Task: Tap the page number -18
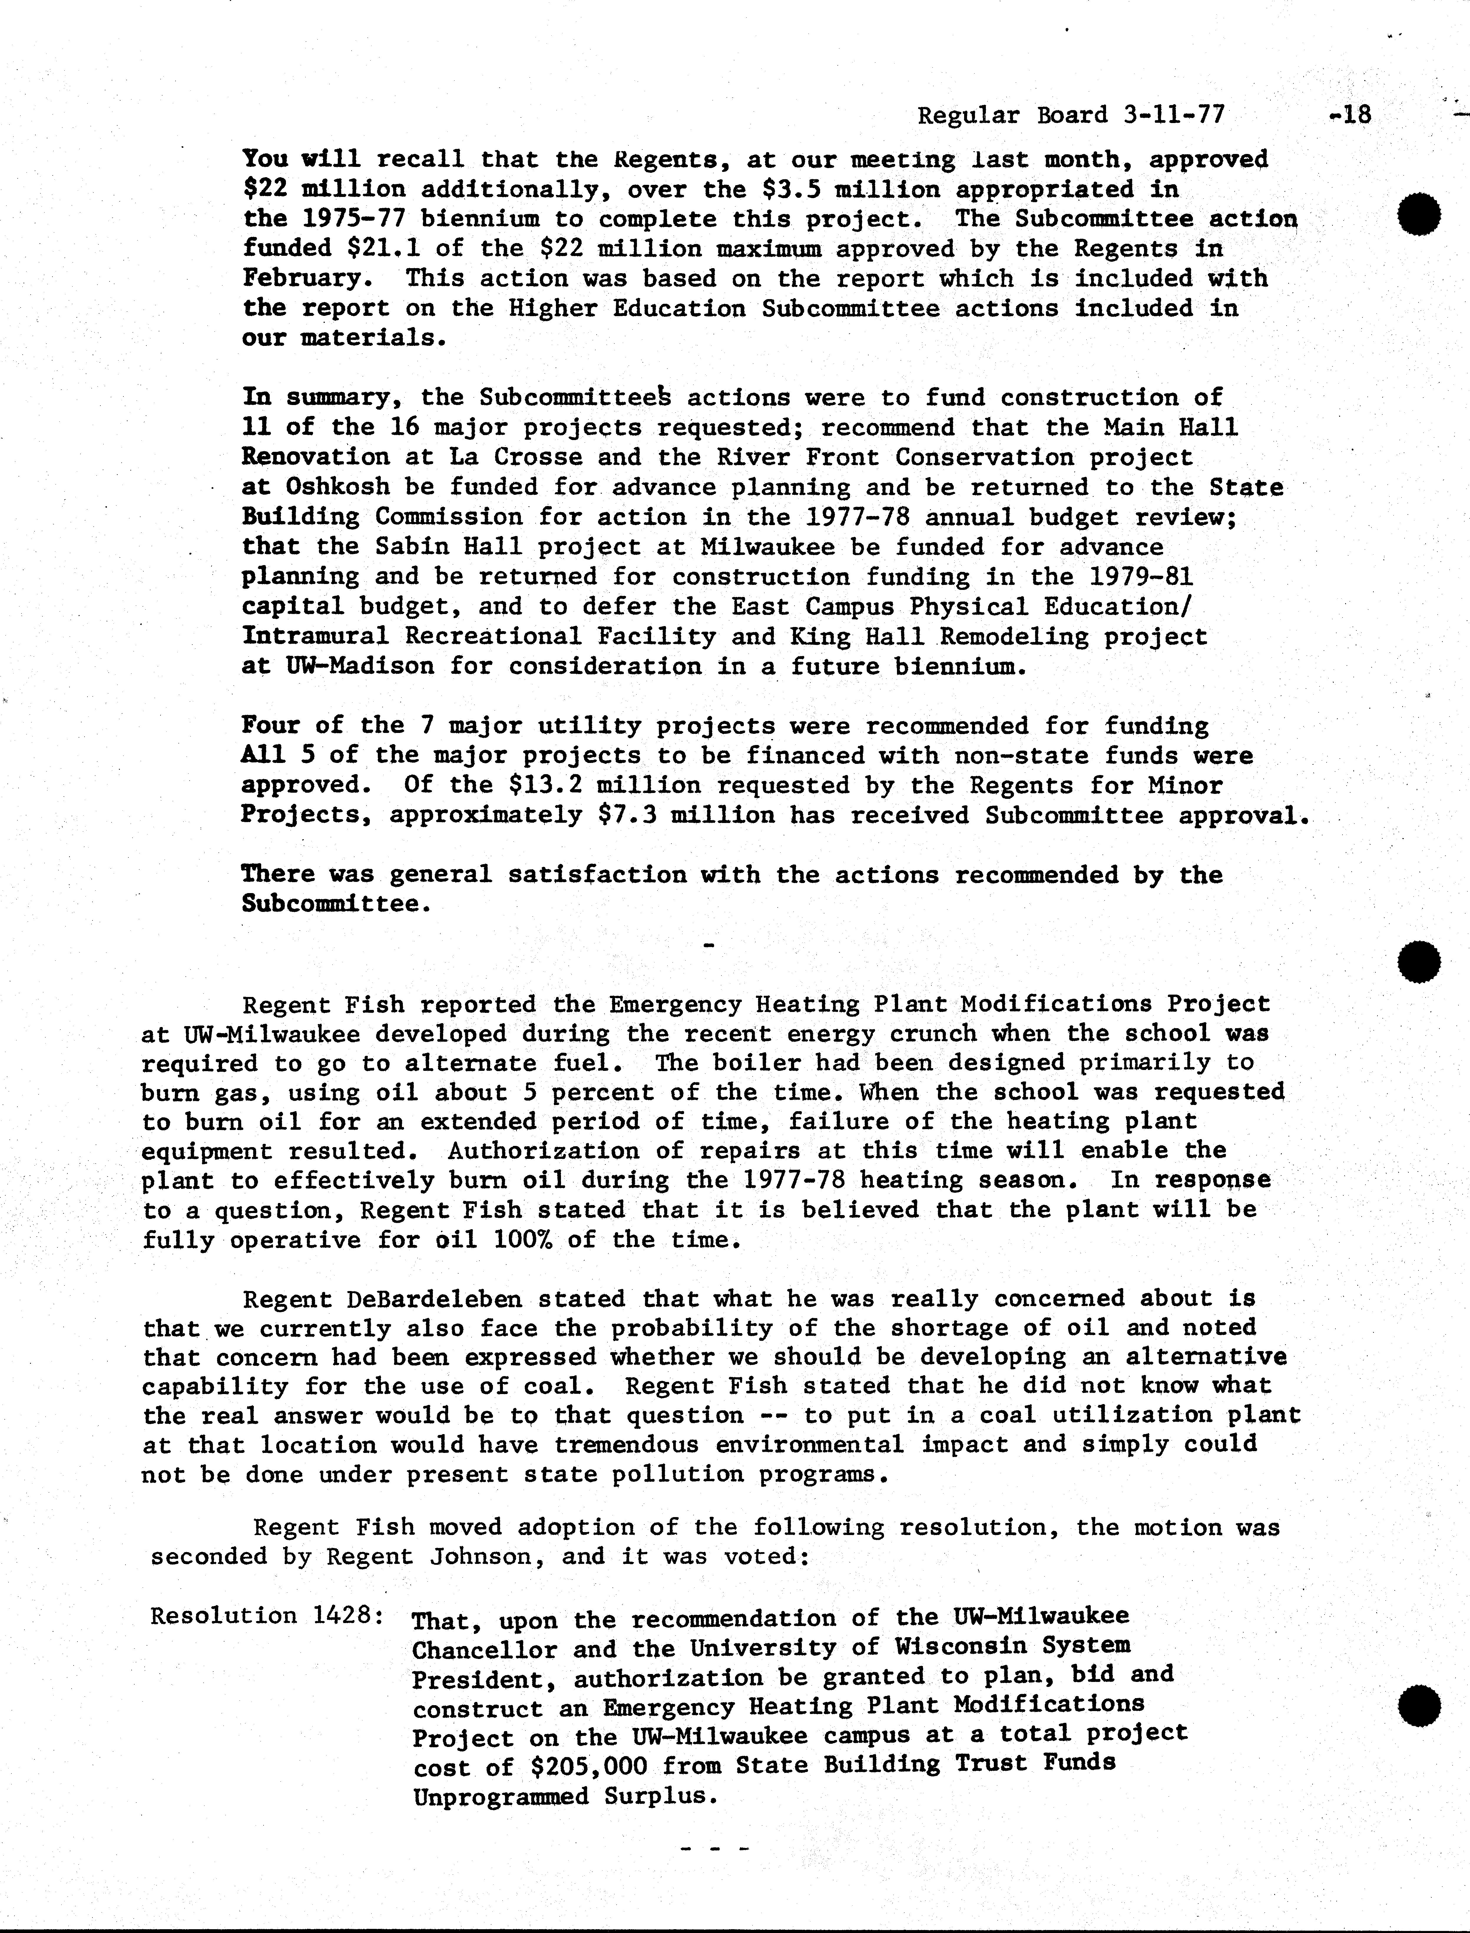pos(1348,115)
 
